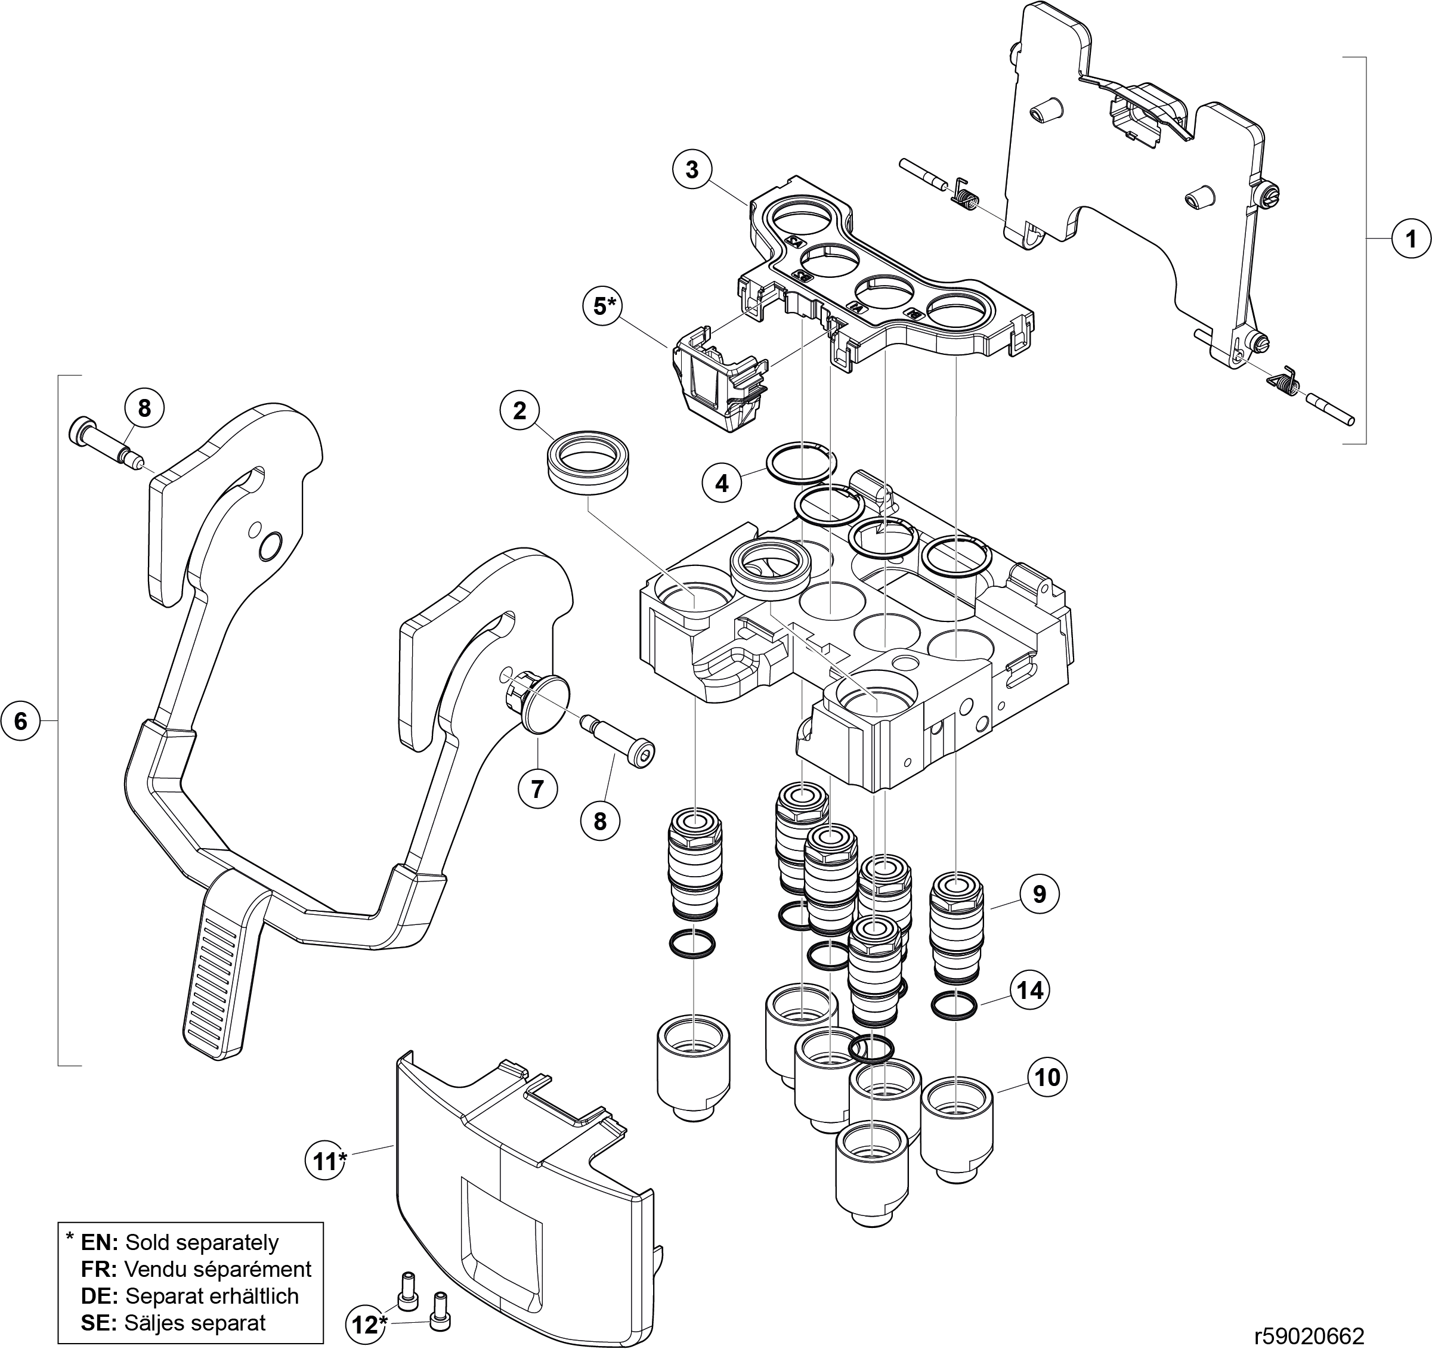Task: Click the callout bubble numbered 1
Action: [x=1411, y=239]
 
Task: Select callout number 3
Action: [x=692, y=170]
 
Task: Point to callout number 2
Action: [x=519, y=411]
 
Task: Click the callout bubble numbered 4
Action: [x=722, y=484]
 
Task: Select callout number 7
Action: [x=537, y=789]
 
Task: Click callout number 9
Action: [x=1039, y=893]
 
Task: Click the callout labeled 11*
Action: [x=326, y=1161]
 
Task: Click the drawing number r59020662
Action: [x=1309, y=1337]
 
